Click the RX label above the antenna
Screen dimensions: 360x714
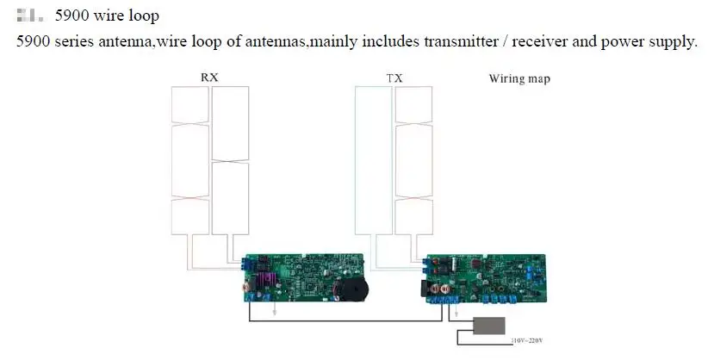pyautogui.click(x=209, y=78)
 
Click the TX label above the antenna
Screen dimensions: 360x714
pyautogui.click(x=394, y=78)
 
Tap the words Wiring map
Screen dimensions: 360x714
pyautogui.click(x=519, y=79)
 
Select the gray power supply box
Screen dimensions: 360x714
pyautogui.click(x=487, y=326)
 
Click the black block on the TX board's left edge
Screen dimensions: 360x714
pyautogui.click(x=425, y=287)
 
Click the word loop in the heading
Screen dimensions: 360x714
pyautogui.click(x=141, y=16)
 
